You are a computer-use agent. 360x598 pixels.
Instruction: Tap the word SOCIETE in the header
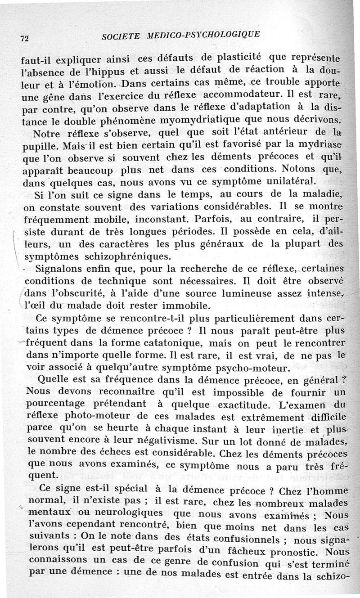click(120, 36)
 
